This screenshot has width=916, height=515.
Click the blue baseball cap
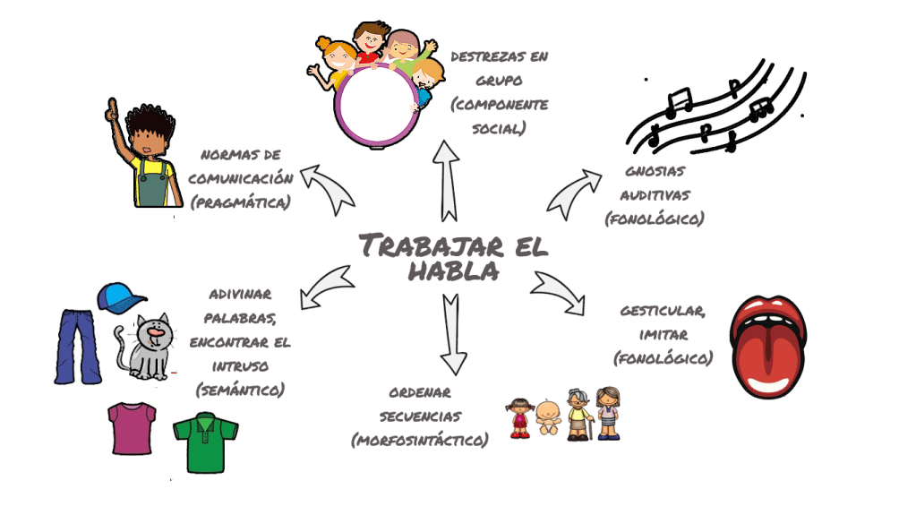(121, 296)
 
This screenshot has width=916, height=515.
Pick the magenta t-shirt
(132, 427)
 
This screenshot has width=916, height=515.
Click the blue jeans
(79, 346)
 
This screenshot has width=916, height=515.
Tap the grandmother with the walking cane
(578, 414)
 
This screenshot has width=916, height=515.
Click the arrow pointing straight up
(445, 179)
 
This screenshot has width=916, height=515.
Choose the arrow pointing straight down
(453, 332)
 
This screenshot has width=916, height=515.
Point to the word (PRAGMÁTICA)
(240, 202)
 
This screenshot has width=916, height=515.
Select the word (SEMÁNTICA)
(239, 389)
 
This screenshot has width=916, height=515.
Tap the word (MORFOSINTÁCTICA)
(420, 439)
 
